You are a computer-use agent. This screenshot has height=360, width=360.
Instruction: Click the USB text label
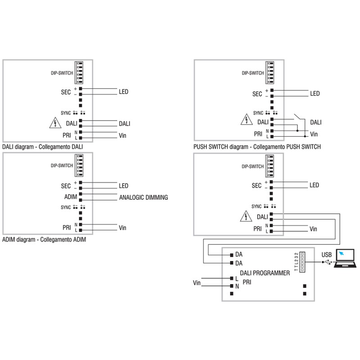pos(327,255)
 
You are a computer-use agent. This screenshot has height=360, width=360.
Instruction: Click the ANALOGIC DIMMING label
pos(143,197)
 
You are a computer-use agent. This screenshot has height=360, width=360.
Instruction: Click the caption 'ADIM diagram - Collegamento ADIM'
pos(44,240)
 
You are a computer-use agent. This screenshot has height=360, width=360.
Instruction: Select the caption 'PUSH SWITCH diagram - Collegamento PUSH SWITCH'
pos(257,147)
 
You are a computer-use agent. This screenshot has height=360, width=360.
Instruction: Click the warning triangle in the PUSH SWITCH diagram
pos(245,120)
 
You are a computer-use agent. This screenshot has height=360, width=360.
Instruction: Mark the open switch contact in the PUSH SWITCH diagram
pos(298,117)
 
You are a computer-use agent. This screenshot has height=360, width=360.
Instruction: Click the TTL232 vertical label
pos(296,261)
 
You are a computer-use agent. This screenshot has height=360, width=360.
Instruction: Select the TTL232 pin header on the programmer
pos(303,261)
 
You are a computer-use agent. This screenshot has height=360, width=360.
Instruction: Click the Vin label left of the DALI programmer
pos(197,283)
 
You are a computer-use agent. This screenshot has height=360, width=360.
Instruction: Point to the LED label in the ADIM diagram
pos(124,186)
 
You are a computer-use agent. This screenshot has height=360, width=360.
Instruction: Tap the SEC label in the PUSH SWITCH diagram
pos(257,94)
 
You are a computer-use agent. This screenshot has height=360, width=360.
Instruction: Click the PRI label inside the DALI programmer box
pos(247,282)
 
